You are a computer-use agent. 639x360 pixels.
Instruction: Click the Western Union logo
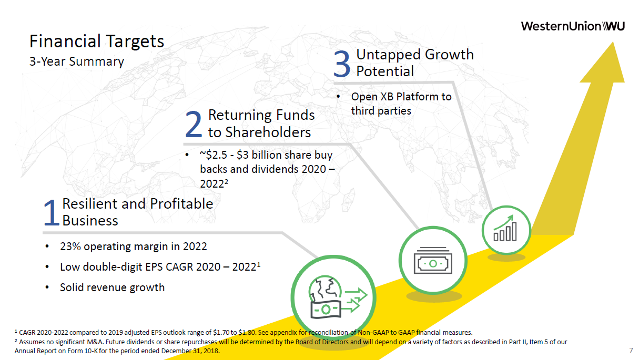(573, 26)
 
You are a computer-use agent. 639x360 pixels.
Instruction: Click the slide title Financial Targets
(97, 42)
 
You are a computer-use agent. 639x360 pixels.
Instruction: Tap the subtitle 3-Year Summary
(77, 61)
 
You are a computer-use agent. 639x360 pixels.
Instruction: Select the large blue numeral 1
(52, 212)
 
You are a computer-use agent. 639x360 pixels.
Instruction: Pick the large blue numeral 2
(194, 124)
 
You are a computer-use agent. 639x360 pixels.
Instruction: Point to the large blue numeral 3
(342, 64)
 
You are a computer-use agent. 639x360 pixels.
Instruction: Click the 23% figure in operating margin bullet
(70, 246)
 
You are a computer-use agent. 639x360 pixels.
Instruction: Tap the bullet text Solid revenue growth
(113, 287)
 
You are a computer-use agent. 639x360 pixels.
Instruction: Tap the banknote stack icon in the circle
(433, 260)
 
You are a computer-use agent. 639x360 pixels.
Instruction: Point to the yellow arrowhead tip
(613, 42)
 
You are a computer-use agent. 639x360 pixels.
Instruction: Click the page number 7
(631, 350)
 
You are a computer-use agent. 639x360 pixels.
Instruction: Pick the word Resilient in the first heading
(89, 204)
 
